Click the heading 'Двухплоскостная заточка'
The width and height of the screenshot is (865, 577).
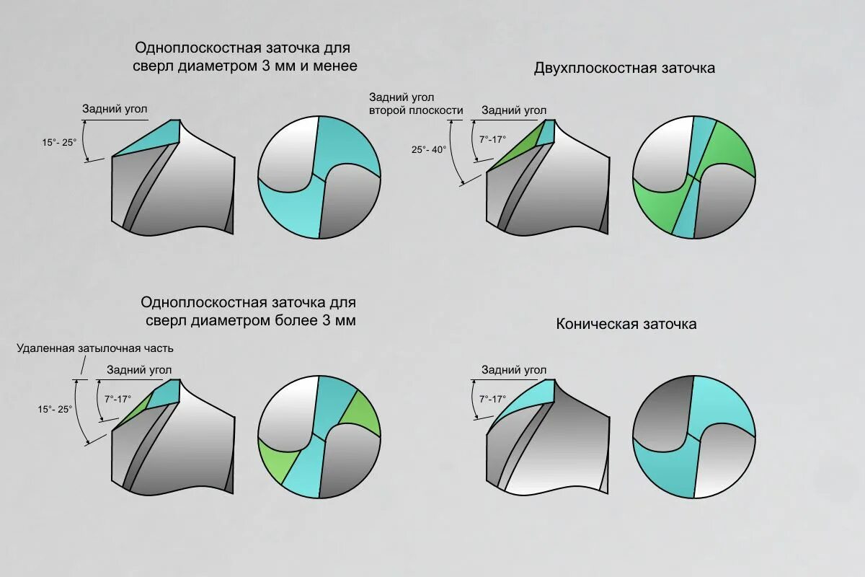tap(624, 69)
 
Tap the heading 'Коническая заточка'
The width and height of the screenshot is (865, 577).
tap(626, 324)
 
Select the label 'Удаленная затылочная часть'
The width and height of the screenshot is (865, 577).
tap(95, 348)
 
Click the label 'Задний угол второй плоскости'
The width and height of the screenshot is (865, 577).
tap(415, 104)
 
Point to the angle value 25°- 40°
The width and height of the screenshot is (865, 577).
tap(429, 149)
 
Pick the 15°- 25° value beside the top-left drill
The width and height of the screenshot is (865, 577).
tap(58, 142)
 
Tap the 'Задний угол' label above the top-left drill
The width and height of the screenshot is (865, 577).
tap(115, 109)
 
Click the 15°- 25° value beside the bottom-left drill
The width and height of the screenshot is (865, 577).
tap(55, 409)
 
